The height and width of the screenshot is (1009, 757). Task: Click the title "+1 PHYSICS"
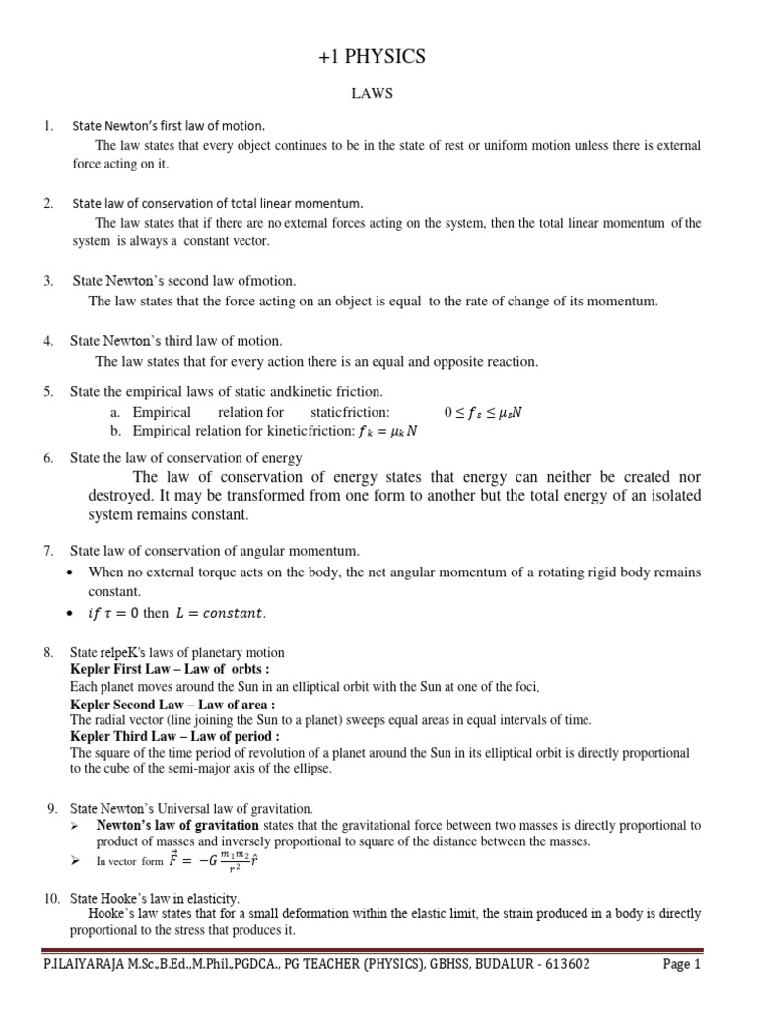click(x=378, y=57)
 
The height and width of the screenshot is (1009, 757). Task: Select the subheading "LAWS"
click(x=378, y=94)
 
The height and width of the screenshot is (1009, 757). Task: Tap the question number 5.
click(x=47, y=392)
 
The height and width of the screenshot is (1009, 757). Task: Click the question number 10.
click(x=51, y=898)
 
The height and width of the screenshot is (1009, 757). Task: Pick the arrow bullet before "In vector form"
click(x=76, y=861)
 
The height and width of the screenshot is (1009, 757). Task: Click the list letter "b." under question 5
click(x=117, y=431)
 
